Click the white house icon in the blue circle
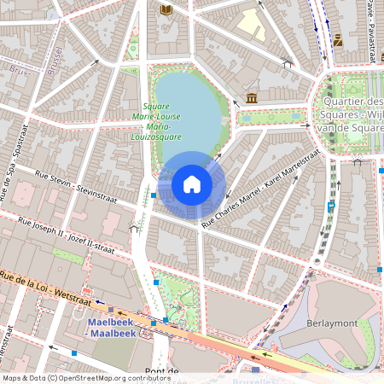click(192, 184)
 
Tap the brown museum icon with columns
click(251, 99)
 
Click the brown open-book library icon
click(166, 9)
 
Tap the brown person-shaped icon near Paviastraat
click(339, 39)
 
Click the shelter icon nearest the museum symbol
click(288, 62)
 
